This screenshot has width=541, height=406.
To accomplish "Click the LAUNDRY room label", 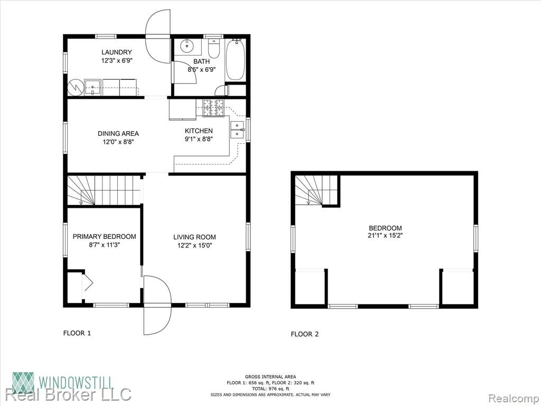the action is (116, 52).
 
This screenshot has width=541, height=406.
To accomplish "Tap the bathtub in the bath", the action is (235, 60).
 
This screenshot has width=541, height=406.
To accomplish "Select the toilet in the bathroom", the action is (214, 49).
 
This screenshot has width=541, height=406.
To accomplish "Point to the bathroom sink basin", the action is (188, 45).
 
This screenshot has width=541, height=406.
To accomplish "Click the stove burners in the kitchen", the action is (213, 108).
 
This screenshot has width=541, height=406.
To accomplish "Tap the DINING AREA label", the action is (118, 134).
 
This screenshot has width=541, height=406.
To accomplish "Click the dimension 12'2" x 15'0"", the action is (194, 246).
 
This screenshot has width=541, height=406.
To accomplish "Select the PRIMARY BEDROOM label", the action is (104, 237).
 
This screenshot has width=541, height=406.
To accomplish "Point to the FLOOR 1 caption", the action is (77, 333).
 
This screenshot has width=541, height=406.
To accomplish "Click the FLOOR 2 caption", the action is (305, 334).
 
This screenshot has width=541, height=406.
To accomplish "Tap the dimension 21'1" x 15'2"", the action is (385, 236).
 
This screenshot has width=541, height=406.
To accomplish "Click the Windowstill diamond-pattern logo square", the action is (23, 383).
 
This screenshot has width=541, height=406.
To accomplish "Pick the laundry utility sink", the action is (93, 87).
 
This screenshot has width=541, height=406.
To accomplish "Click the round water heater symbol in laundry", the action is (74, 87).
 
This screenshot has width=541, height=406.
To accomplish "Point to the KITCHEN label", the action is (199, 131).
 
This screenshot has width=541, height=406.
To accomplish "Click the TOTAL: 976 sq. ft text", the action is (270, 389).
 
